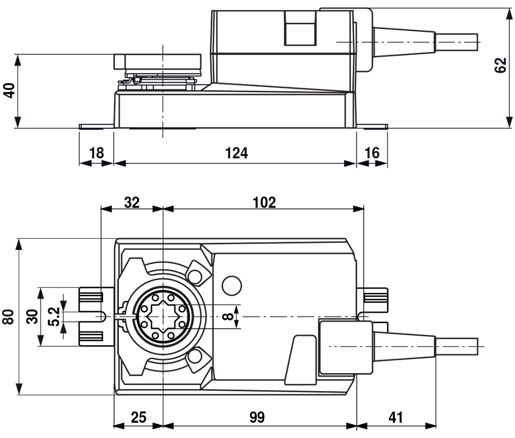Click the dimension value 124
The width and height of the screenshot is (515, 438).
point(236,153)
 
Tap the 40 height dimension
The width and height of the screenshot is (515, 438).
point(9,90)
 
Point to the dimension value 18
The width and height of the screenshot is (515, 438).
point(97,153)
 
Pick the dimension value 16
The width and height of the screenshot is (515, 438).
point(372,153)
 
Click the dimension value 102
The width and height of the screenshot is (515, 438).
point(264,203)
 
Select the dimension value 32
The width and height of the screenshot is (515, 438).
point(132,203)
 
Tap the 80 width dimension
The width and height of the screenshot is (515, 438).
point(8,317)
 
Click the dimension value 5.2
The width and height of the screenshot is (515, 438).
point(54,316)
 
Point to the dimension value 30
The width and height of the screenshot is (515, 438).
point(32,316)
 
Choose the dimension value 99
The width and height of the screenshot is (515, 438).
point(257,417)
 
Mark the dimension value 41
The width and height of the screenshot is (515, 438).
point(396,417)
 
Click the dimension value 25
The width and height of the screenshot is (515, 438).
point(138,417)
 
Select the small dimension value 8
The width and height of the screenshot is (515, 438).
point(228,316)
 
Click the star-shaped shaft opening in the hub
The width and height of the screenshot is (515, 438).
point(163,316)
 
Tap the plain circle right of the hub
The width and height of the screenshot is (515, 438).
point(232,285)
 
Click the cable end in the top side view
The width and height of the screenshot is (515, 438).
point(456,42)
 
